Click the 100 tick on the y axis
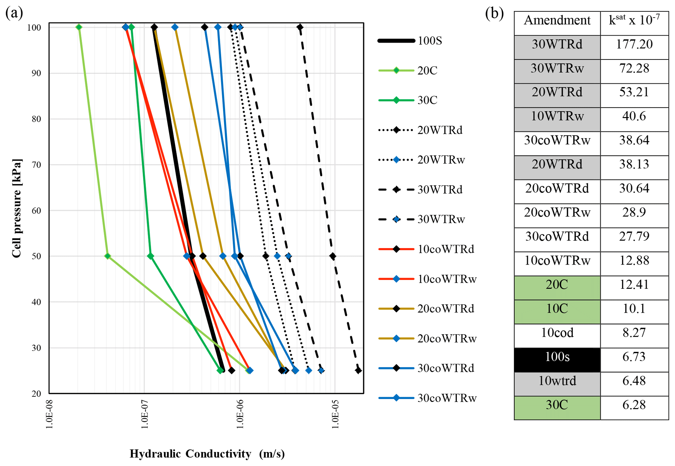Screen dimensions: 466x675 pos(34,27)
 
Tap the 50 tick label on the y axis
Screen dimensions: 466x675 pos(36,256)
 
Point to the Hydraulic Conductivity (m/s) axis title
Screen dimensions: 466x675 pos(207,454)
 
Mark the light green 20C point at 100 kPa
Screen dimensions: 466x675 pos(79,27)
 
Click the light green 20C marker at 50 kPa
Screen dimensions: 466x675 pos(107,256)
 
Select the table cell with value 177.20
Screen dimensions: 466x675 pos(634,44)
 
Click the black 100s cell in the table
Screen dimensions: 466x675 pos(557,357)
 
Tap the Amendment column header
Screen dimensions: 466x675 pos(557,20)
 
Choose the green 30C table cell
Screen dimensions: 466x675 pos(557,405)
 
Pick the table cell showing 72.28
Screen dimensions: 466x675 pos(634,68)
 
